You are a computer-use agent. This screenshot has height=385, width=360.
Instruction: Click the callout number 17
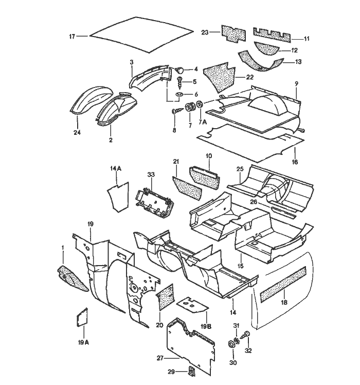(x=72, y=36)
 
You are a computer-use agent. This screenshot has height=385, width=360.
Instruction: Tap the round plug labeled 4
(x=181, y=69)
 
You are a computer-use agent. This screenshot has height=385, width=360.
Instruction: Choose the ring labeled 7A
(x=199, y=107)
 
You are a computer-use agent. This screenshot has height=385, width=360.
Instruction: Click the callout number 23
(x=204, y=32)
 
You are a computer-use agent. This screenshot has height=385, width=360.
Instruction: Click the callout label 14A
(x=115, y=168)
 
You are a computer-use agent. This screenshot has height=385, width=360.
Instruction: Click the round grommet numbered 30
(x=232, y=344)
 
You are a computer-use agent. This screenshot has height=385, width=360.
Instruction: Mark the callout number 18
(x=284, y=303)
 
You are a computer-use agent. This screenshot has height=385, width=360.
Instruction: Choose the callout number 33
(x=151, y=175)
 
